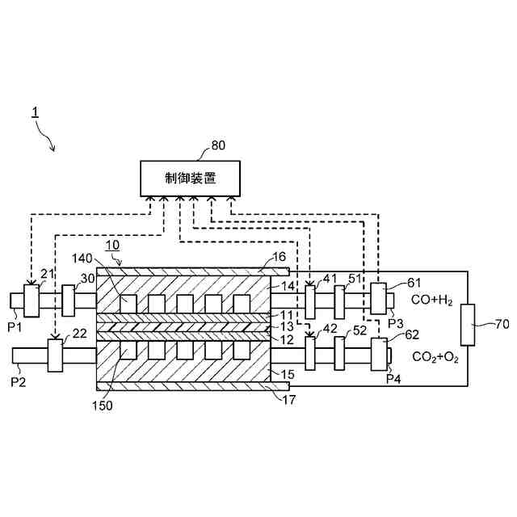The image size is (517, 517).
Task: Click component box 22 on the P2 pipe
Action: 55,355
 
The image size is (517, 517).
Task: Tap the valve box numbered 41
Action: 310,301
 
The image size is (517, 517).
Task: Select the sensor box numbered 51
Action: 339,301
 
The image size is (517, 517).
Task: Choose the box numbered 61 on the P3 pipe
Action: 379,299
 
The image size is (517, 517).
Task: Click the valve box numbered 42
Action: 310,353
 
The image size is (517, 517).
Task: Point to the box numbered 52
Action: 339,353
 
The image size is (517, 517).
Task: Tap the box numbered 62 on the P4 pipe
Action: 378,354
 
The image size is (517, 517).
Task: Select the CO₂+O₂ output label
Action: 435,356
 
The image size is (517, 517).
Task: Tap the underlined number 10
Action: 113,244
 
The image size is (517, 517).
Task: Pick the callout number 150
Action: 103,405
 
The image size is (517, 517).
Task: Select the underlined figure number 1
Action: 36,112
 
